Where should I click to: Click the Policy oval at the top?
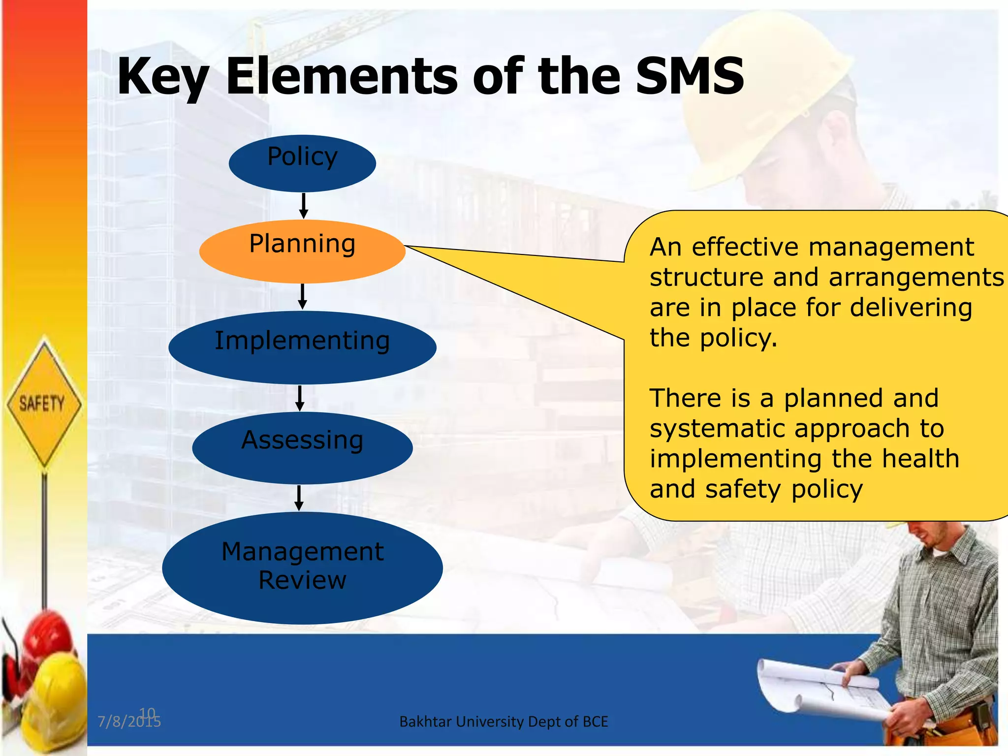302,163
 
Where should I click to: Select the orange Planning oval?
302,251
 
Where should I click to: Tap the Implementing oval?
302,347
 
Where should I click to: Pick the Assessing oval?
302,448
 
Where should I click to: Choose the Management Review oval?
302,567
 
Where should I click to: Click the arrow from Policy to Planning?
304,206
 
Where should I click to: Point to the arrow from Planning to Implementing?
303,297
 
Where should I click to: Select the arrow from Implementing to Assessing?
300,398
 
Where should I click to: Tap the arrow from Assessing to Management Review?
299,498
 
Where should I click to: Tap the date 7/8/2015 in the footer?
129,722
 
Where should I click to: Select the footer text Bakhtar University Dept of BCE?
504,722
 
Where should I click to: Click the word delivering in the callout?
911,308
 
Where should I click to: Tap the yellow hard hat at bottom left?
54,689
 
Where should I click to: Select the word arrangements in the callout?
915,278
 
